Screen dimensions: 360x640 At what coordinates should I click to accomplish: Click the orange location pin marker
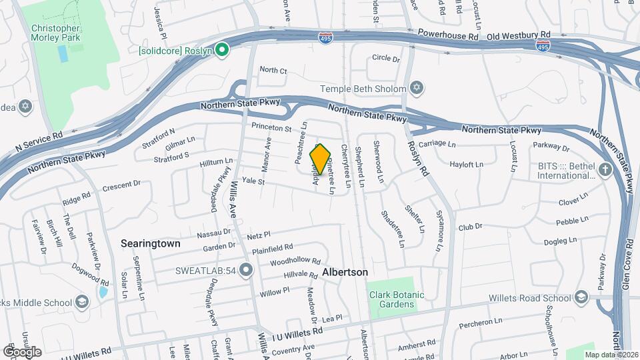tap(321, 159)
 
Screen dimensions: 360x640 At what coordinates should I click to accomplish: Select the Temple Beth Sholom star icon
tap(417, 88)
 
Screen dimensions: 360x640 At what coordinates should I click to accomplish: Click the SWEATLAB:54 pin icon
tap(247, 270)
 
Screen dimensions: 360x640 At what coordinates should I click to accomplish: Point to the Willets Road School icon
tap(581, 297)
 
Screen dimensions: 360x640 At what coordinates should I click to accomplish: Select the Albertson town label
tap(345, 273)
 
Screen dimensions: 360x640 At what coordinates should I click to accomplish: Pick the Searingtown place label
tap(150, 244)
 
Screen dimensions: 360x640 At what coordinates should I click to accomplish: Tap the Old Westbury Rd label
tap(519, 35)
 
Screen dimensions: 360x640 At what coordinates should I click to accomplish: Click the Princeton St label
tap(271, 127)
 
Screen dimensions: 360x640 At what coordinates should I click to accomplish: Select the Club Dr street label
tap(469, 227)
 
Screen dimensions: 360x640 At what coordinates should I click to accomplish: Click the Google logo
tap(22, 351)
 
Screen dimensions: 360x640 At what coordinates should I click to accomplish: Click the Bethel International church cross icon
tap(605, 169)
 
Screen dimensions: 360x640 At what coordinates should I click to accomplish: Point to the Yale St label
tap(253, 181)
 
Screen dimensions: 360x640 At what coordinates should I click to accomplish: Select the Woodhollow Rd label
tap(295, 261)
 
